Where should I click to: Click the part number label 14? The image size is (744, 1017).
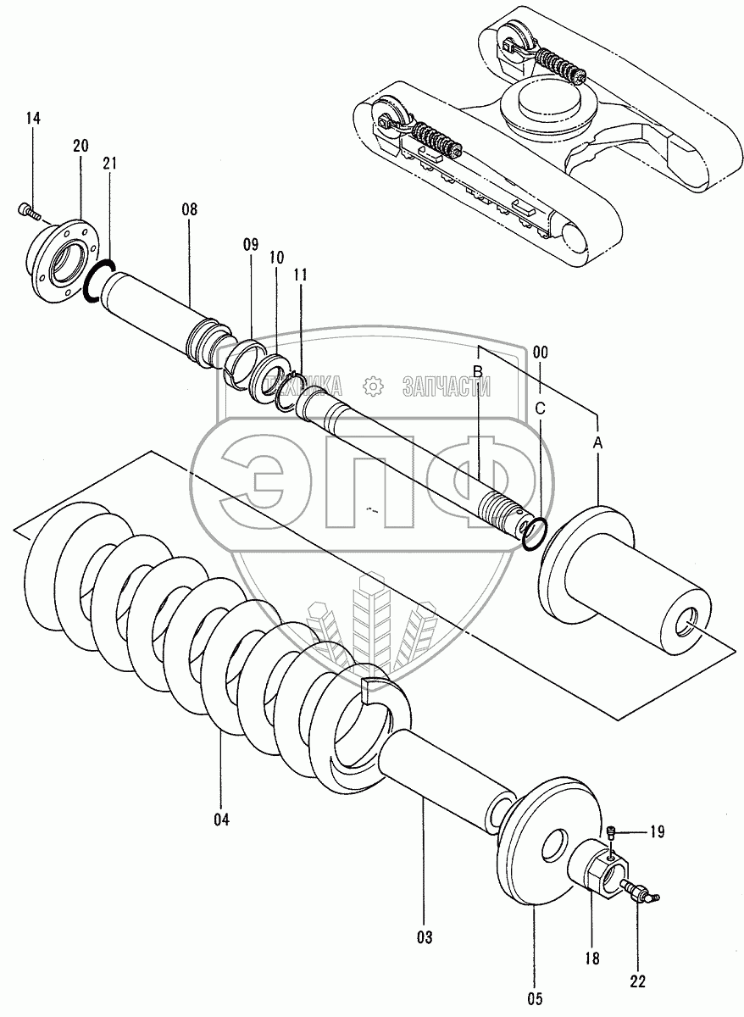coord(32,118)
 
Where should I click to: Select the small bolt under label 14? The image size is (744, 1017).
coord(25,208)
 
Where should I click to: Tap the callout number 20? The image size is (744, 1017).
coord(81,146)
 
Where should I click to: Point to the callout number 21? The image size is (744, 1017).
coord(110,164)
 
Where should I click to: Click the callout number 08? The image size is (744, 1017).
coord(188,209)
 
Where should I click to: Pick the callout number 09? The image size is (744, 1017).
coord(251,244)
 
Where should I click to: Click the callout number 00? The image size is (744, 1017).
coord(541,352)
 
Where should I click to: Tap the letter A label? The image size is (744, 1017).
coord(598,442)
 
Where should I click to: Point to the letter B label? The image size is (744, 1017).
coord(478,371)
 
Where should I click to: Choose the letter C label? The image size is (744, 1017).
coord(541,408)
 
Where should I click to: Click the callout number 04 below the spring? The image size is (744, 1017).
coord(222,819)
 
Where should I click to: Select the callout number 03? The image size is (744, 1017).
coord(424,937)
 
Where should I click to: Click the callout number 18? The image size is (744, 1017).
coord(591,959)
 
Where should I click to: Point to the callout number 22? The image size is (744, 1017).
coord(637,981)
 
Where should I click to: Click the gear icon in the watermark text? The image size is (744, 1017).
coord(371,386)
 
